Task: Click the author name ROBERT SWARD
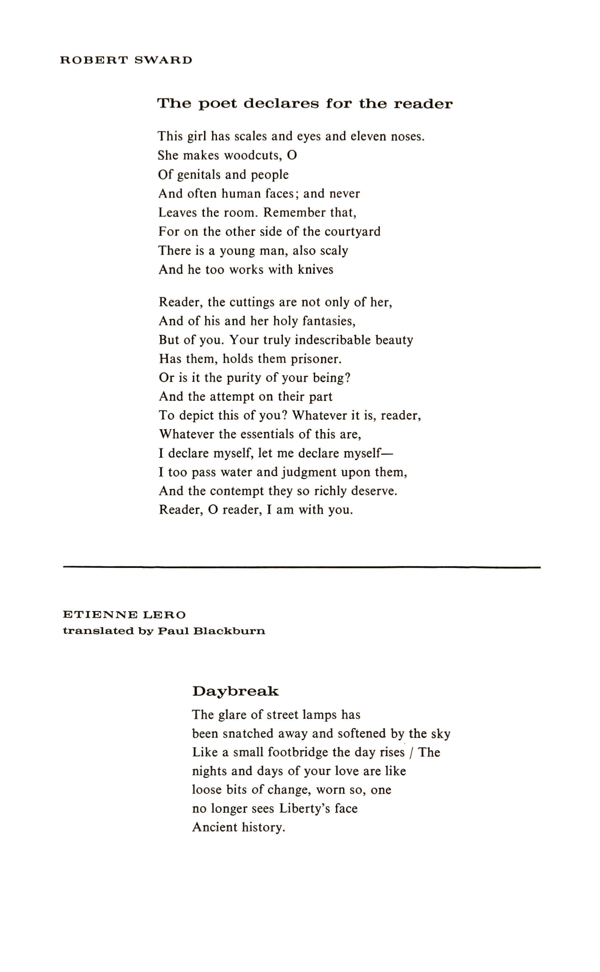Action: point(126,60)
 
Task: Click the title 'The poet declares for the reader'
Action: point(305,104)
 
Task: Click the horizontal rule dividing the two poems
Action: point(301,567)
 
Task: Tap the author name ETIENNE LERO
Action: point(124,615)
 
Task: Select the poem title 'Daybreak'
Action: point(236,692)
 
